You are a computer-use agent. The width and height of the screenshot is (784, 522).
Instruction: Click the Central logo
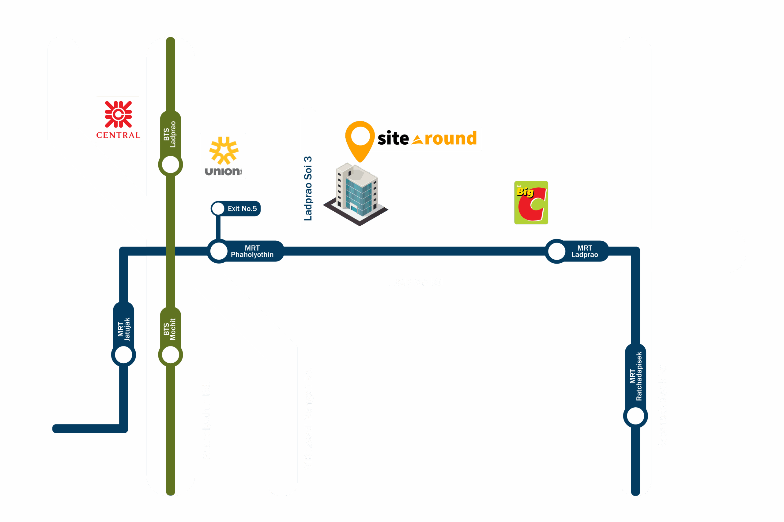click(118, 120)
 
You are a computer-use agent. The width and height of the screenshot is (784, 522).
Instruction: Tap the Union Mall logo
click(223, 155)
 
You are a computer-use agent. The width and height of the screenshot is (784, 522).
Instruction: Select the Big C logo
click(531, 202)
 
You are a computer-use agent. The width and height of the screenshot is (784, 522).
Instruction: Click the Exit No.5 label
click(242, 209)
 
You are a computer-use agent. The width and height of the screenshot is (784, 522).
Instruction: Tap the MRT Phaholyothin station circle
click(219, 251)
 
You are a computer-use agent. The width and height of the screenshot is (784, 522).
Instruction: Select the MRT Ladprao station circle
click(556, 251)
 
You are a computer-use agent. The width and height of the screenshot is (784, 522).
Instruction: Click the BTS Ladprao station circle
click(170, 165)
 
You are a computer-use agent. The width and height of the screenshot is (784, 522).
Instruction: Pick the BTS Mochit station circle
click(170, 354)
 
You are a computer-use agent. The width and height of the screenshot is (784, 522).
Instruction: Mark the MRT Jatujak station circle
click(123, 354)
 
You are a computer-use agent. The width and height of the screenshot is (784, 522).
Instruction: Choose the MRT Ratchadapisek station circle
click(635, 416)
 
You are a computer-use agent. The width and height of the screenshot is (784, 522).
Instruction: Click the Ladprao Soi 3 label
click(308, 188)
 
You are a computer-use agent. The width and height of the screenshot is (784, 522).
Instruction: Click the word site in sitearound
click(393, 138)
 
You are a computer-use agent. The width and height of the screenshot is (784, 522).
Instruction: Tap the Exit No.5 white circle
click(218, 209)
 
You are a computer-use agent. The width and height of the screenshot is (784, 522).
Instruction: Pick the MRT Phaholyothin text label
click(252, 251)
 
